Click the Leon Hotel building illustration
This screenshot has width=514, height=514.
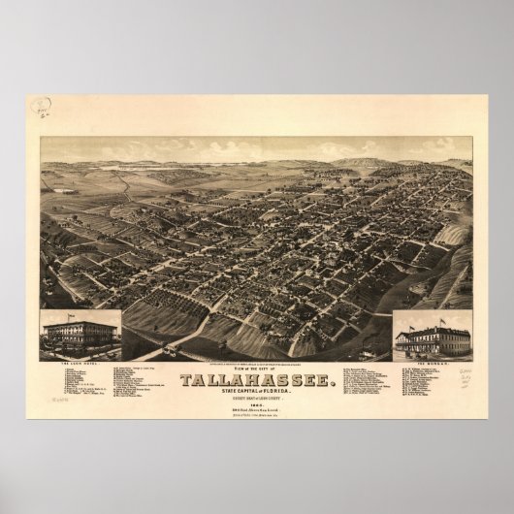point(80,335)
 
